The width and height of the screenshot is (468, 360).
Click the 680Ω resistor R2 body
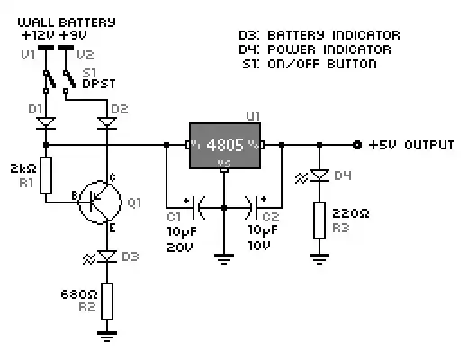click(108, 301)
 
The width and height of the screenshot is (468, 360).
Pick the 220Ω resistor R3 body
click(319, 220)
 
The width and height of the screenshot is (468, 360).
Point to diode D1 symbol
click(45, 120)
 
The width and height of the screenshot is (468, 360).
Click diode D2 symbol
click(108, 120)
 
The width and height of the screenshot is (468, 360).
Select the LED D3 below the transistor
click(107, 257)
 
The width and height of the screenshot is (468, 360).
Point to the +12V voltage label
click(37, 34)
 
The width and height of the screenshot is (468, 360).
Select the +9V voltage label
click(74, 34)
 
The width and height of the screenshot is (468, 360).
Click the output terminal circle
click(357, 144)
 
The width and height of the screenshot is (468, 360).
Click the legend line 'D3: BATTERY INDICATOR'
click(319, 35)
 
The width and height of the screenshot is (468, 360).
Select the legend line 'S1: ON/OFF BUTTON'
click(310, 64)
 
